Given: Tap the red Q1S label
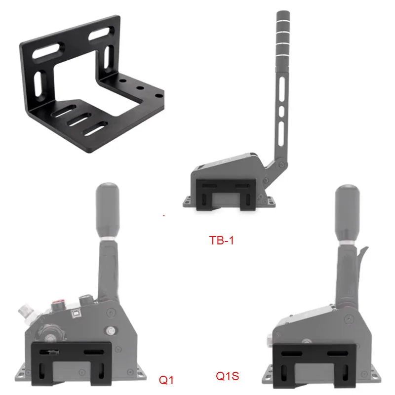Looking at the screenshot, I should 227,376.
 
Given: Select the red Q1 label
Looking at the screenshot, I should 166,380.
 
